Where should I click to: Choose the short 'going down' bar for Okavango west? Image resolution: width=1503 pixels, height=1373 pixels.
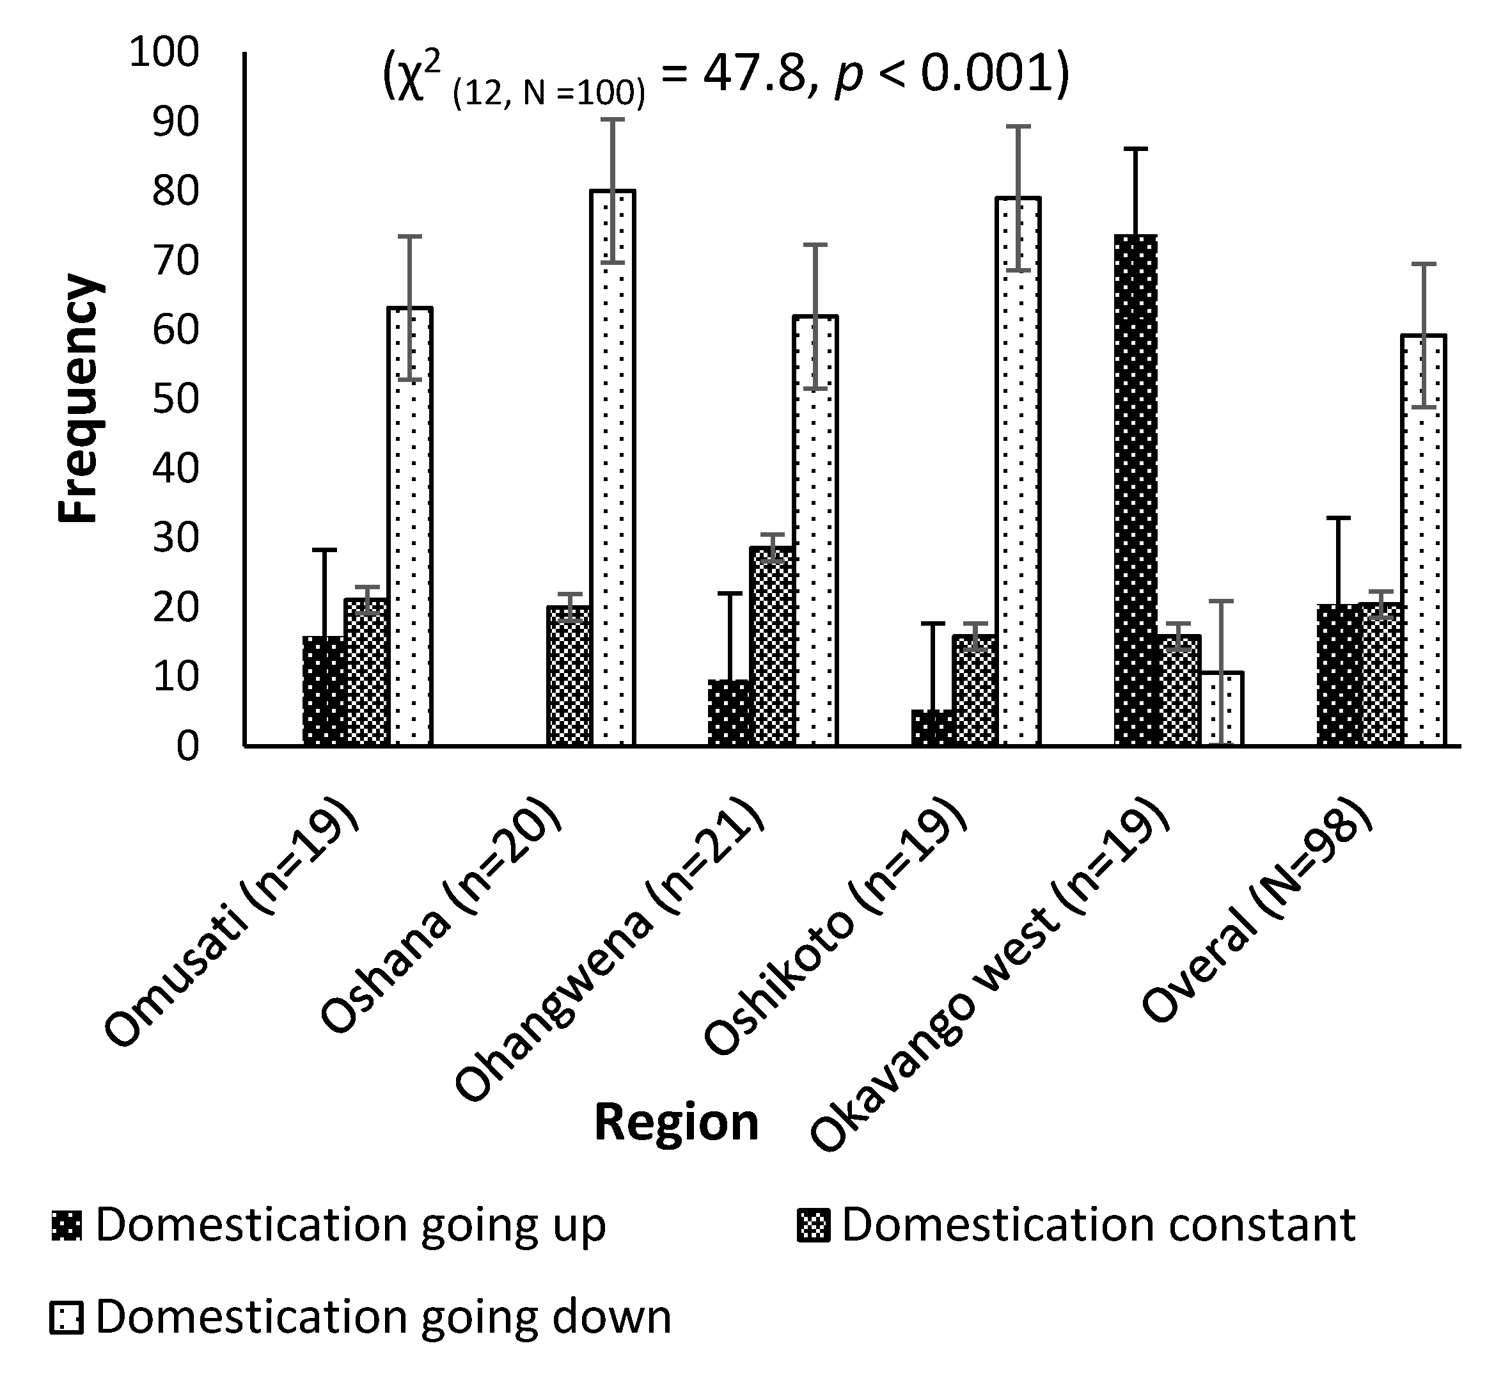pos(1221,708)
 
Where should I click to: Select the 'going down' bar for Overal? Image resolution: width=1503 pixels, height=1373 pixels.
pos(1423,540)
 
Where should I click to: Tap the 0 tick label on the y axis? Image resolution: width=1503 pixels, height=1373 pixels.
pos(188,747)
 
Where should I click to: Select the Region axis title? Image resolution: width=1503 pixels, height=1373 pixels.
pos(676,1123)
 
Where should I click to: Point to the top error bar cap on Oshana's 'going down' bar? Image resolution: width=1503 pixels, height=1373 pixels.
pos(612,120)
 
